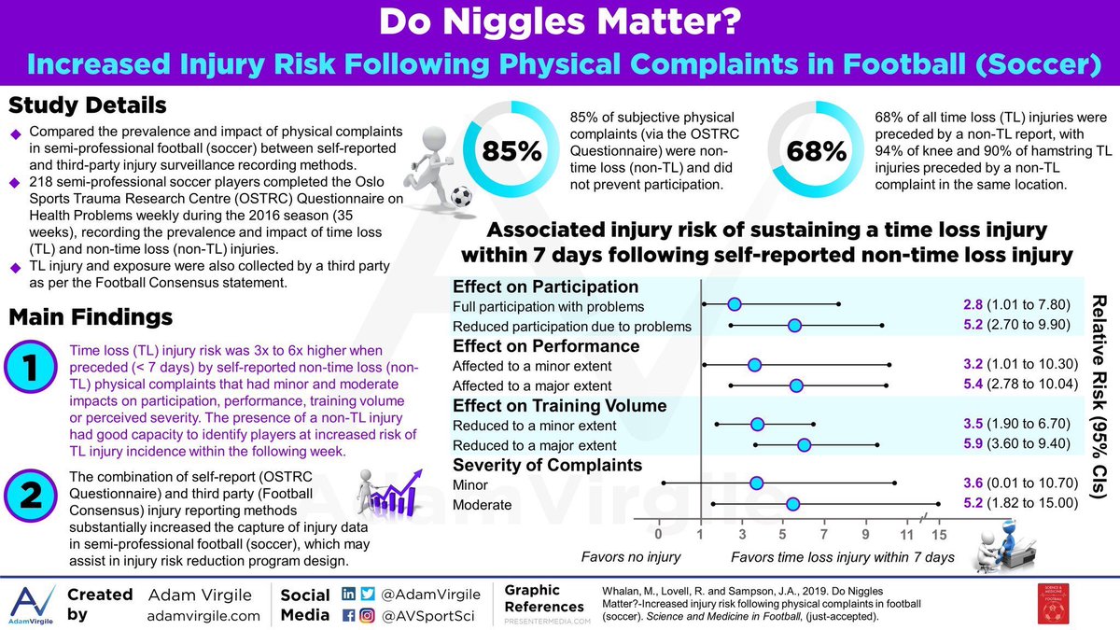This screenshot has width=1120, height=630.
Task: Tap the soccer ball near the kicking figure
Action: [x=459, y=197]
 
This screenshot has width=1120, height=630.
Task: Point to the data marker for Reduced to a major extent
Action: [x=804, y=446]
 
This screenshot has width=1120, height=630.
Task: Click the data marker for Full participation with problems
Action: [x=734, y=304]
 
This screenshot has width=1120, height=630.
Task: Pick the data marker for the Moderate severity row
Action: [x=792, y=504]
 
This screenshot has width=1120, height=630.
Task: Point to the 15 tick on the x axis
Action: [x=938, y=535]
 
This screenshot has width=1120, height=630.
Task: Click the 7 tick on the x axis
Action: [x=824, y=535]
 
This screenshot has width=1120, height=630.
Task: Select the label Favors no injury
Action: [x=631, y=557]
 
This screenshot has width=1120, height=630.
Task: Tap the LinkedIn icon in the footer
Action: [x=349, y=595]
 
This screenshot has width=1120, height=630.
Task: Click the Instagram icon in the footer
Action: [x=368, y=615]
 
